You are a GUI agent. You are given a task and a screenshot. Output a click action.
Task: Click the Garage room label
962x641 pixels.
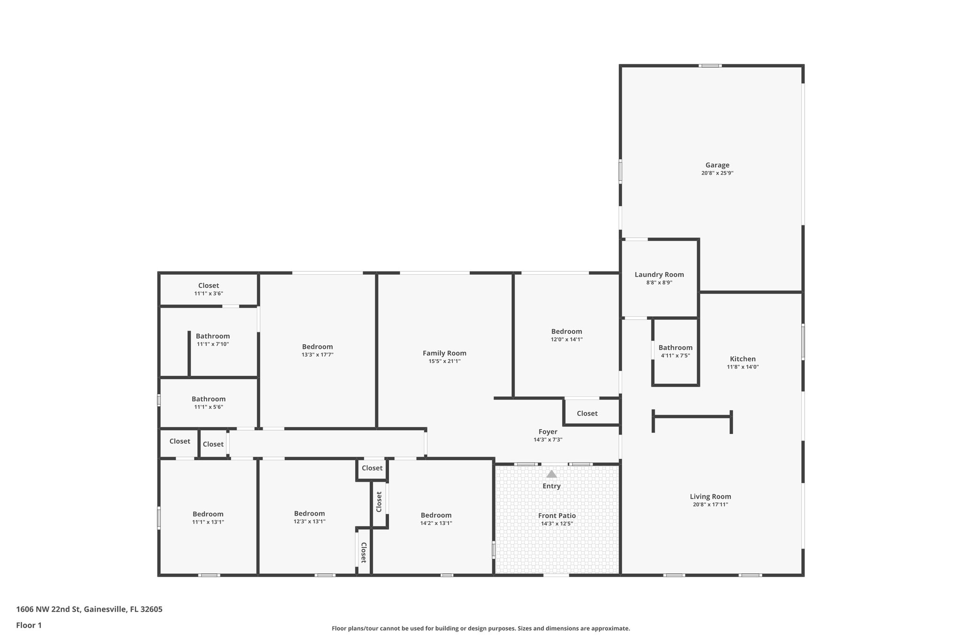click(717, 165)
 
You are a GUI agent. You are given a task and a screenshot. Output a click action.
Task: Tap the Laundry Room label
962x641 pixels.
click(659, 275)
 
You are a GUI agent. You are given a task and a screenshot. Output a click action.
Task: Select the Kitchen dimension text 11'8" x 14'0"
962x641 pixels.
click(743, 367)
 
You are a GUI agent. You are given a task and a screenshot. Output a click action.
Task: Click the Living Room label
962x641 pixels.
click(710, 496)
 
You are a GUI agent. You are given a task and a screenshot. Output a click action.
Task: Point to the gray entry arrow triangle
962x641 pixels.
click(551, 474)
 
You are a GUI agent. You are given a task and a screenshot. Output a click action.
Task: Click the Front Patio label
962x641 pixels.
click(557, 516)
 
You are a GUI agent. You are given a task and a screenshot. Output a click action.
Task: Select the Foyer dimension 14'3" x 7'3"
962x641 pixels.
click(548, 440)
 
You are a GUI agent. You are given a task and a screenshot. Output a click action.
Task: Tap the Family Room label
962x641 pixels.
click(444, 353)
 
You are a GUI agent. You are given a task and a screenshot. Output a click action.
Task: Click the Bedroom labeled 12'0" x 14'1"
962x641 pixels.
click(566, 332)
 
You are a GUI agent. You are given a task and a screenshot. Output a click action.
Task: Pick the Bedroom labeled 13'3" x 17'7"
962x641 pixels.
click(318, 347)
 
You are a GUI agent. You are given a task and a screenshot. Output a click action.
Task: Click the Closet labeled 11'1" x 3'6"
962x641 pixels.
click(209, 286)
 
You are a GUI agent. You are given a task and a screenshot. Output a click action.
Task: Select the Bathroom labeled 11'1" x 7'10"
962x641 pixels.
click(213, 336)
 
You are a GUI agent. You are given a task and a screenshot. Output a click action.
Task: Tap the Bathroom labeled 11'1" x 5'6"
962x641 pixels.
click(209, 399)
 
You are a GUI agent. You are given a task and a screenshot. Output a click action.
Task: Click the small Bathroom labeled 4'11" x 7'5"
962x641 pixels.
click(675, 348)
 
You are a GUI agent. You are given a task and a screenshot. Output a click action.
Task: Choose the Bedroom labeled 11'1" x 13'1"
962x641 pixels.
click(208, 514)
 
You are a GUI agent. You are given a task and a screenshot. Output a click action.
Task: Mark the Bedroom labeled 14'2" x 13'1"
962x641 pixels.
click(436, 515)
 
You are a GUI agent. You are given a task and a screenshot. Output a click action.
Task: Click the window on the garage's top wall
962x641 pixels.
click(710, 66)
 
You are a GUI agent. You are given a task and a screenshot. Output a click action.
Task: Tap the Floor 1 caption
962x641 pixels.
click(29, 625)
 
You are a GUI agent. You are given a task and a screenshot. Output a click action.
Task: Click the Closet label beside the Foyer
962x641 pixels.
click(587, 413)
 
